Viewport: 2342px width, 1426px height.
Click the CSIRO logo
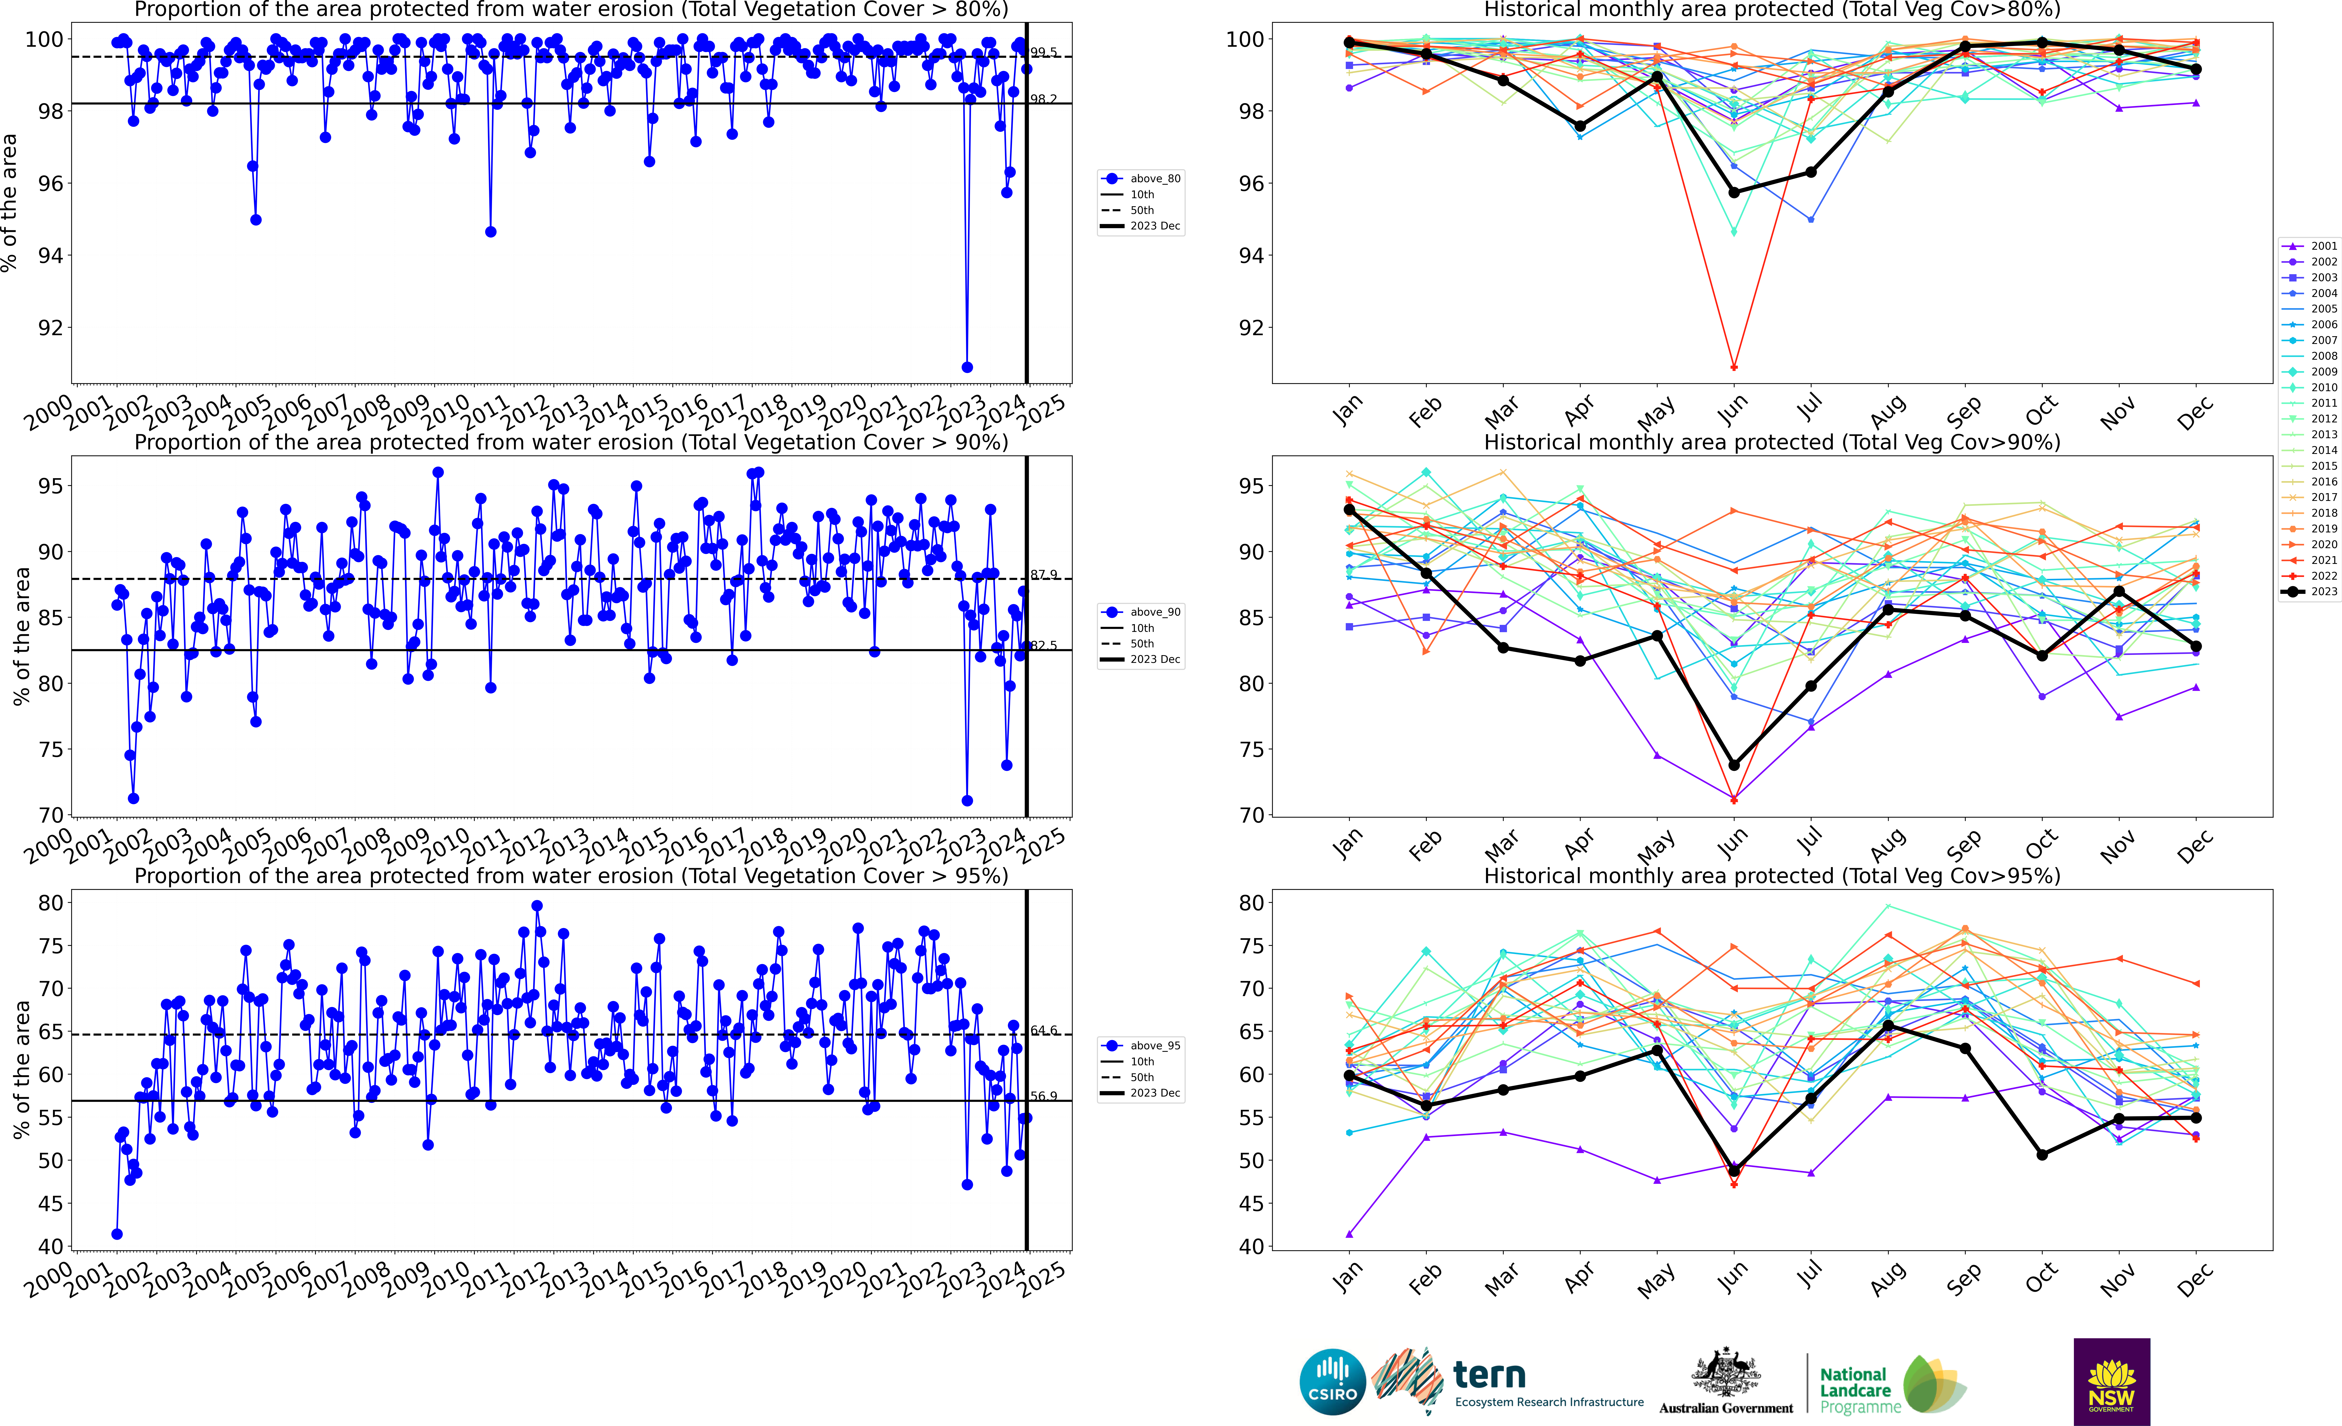coord(1333,1381)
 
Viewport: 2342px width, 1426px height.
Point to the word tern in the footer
coord(1489,1375)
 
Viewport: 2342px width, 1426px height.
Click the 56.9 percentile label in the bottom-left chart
coord(1044,1096)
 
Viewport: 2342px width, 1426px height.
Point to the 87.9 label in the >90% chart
coord(1044,575)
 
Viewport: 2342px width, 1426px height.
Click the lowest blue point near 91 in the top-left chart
coord(967,367)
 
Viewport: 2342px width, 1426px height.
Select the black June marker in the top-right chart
coord(1734,192)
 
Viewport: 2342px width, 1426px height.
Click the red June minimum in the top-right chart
coord(1734,367)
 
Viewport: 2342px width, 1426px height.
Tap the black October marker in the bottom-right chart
coord(2042,1154)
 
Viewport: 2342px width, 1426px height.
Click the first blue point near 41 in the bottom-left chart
coord(117,1234)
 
